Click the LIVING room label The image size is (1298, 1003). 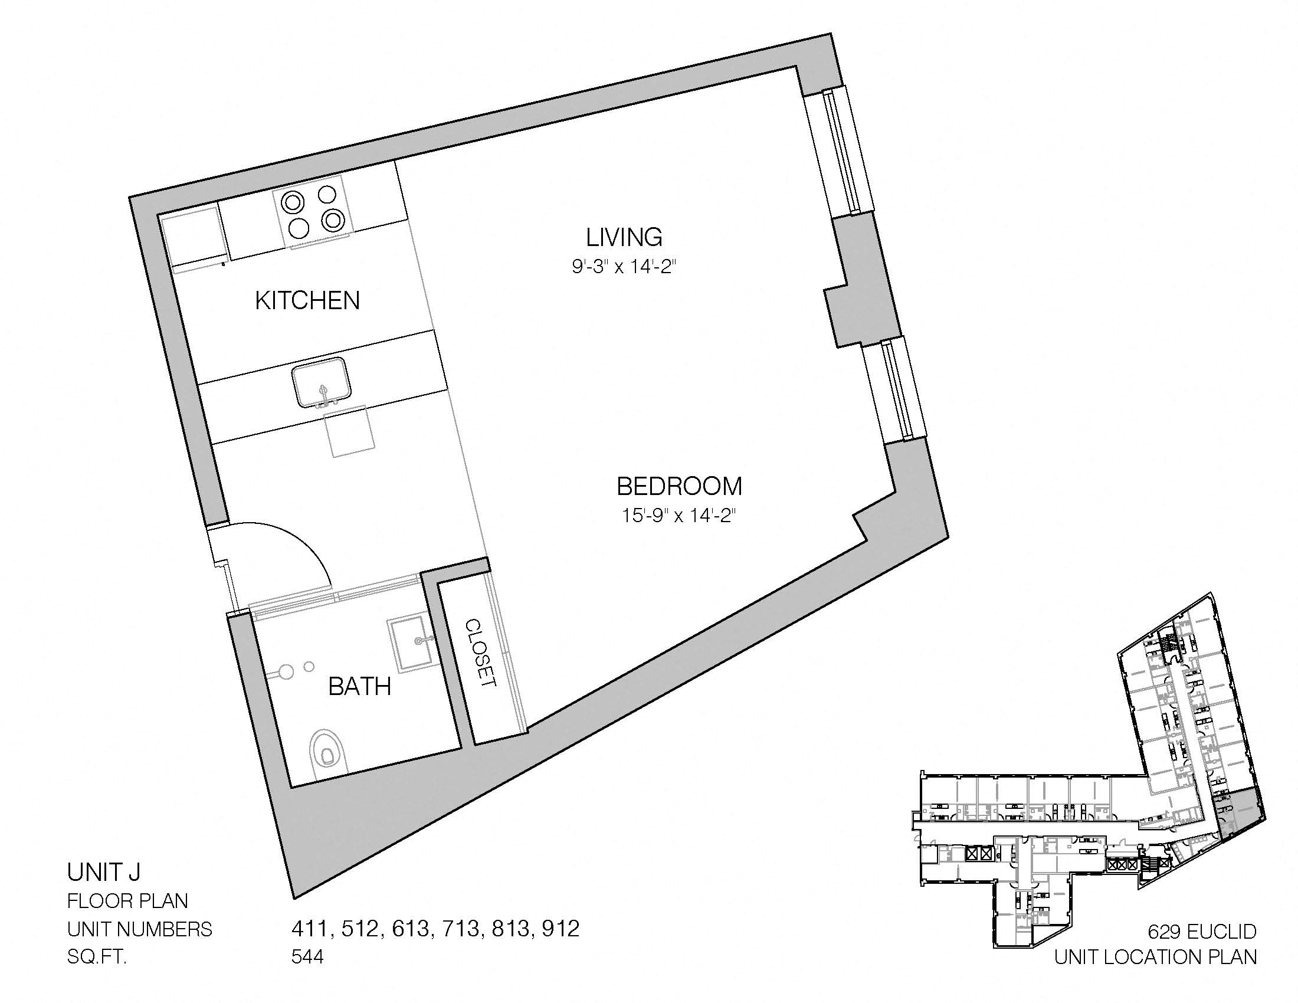(624, 237)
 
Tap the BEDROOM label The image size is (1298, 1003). (679, 486)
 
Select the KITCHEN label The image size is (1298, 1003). (307, 301)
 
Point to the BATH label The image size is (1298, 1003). (359, 686)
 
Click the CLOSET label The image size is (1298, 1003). (480, 654)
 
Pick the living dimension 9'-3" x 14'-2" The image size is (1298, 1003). (625, 267)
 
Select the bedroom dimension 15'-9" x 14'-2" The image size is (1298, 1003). (679, 515)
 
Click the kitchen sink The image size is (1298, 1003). (322, 382)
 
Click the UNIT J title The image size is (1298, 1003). (103, 872)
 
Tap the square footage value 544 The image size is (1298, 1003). (307, 957)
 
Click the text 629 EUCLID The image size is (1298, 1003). (1202, 931)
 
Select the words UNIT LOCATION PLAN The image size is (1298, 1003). (1155, 957)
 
